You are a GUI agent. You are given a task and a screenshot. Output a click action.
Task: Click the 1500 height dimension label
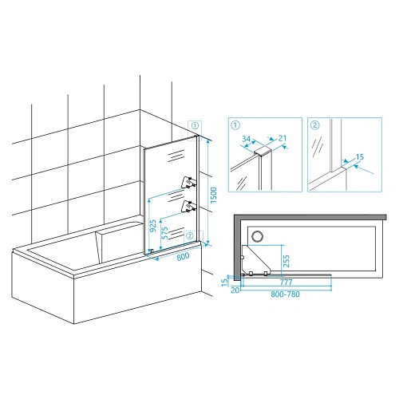(214, 195)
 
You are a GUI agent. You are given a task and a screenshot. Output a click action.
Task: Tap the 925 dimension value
(153, 226)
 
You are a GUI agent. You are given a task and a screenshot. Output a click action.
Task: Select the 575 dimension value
(165, 233)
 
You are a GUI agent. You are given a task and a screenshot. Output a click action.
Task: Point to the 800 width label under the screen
(183, 256)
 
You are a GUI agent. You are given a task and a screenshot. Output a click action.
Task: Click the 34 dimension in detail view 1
(247, 139)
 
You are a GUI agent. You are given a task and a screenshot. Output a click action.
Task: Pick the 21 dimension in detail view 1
(282, 138)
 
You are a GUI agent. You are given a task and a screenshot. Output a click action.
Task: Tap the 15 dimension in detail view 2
(360, 157)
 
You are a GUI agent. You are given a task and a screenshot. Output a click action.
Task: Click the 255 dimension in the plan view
(286, 261)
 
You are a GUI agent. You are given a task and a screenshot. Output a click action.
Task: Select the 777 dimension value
(286, 282)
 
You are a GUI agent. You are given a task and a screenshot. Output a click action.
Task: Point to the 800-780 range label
(285, 294)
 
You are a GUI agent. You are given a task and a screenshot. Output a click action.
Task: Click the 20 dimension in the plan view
(235, 290)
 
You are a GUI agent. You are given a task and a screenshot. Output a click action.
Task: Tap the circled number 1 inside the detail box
(235, 125)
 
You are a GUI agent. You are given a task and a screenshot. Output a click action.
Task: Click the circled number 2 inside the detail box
(315, 125)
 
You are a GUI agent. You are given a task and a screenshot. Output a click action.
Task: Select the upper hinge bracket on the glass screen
(189, 182)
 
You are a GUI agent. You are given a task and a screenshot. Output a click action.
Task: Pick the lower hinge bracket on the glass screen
(189, 206)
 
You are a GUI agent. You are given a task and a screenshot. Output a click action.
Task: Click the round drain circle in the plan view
(257, 236)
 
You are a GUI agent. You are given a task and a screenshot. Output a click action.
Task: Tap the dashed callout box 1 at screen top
(195, 131)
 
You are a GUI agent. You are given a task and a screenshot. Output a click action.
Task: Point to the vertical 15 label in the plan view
(225, 281)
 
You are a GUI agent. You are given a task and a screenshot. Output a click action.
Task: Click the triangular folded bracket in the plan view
(256, 259)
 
